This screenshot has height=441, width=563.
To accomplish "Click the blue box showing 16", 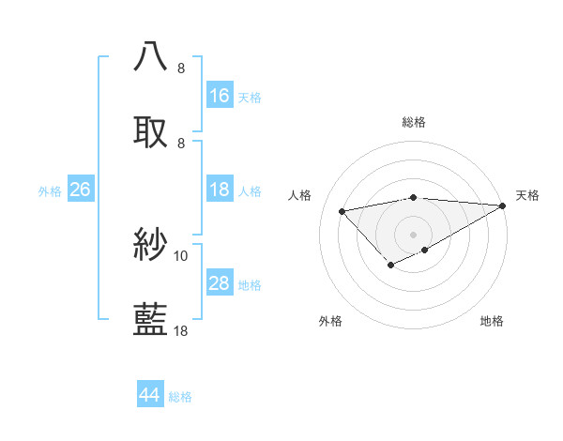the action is [220, 96].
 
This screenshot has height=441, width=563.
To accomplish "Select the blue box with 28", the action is [220, 283].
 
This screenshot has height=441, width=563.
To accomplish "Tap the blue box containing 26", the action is [80, 190].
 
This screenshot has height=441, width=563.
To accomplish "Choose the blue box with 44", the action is [150, 396].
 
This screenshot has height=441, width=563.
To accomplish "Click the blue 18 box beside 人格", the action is [220, 190].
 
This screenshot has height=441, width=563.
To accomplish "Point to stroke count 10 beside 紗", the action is [181, 255].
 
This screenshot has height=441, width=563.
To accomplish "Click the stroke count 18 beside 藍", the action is [181, 330].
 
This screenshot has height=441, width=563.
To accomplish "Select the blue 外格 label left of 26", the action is [50, 190].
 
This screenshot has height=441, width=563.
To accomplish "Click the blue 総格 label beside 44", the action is [180, 397].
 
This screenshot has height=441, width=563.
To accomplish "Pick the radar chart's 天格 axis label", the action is [527, 195].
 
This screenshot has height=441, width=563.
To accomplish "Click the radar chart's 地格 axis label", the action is [492, 322].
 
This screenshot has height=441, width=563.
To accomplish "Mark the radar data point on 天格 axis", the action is [503, 205].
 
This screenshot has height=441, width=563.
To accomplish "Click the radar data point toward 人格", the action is [342, 210].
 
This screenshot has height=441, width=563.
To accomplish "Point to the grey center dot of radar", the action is [413, 234].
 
